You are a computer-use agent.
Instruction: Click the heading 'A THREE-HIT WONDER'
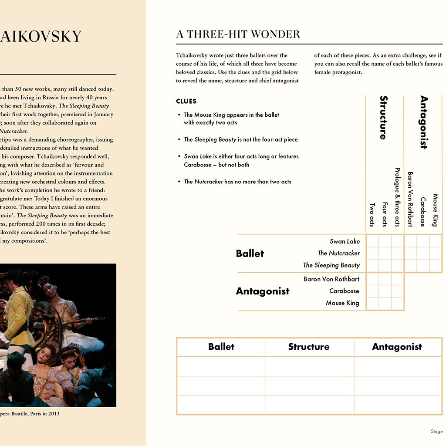tap(238, 34)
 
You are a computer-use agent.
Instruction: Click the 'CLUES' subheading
tap(186, 101)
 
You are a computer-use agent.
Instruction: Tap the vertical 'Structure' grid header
tap(383, 118)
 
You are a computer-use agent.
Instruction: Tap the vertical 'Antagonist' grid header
tap(423, 122)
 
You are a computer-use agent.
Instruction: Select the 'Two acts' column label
tap(372, 215)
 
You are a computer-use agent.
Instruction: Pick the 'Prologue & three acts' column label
tap(397, 197)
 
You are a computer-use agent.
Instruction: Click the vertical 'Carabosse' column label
tap(422, 212)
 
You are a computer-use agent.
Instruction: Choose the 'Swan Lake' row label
tap(345, 241)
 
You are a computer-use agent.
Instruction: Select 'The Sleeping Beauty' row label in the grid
tap(331, 265)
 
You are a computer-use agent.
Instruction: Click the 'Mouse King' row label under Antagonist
tap(342, 303)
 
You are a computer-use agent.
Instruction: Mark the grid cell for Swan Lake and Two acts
tap(373, 241)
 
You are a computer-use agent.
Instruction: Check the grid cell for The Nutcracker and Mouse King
tap(436, 253)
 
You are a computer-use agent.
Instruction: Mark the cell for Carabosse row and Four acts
tap(385, 291)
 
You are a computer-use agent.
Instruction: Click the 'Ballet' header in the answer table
tap(221, 347)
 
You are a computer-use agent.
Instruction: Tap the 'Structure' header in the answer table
tap(309, 347)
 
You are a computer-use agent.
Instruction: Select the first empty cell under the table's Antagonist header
tap(398, 366)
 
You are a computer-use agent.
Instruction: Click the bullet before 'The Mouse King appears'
tap(179, 115)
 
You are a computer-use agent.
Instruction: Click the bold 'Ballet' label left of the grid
tap(250, 253)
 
